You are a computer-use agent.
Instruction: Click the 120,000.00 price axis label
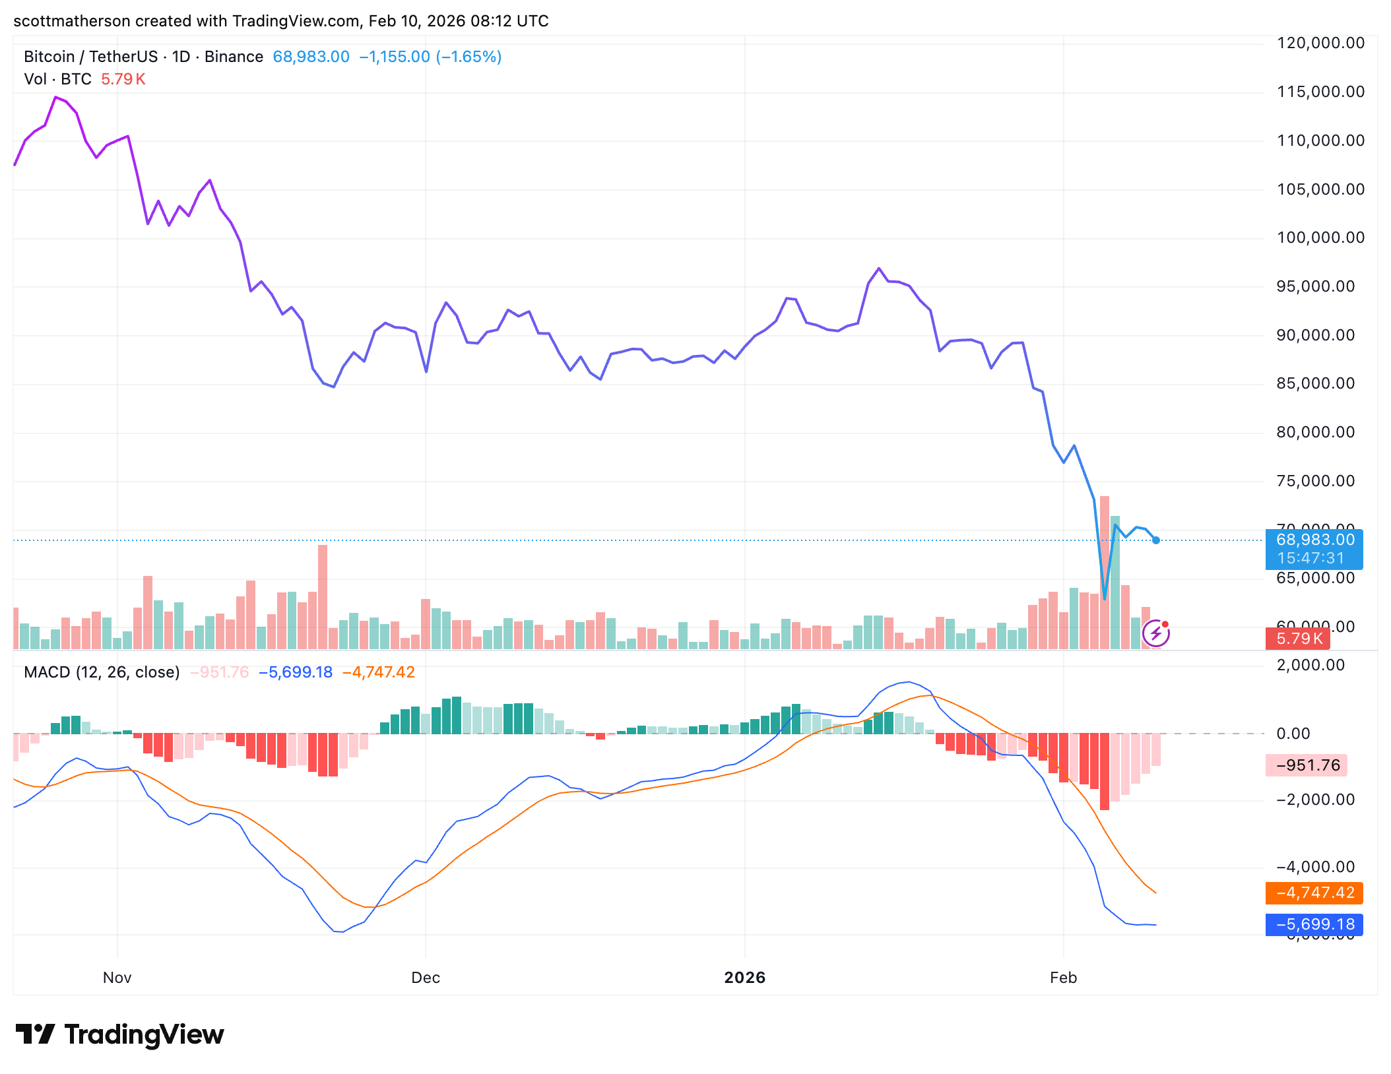(x=1320, y=44)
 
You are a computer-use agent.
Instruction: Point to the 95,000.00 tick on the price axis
(x=1315, y=286)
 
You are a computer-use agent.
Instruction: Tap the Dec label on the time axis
(x=425, y=978)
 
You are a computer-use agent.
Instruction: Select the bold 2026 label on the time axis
(x=744, y=978)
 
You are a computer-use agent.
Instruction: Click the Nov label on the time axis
(x=117, y=978)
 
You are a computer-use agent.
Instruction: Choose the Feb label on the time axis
(x=1063, y=978)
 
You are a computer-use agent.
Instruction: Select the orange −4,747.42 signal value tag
(x=1314, y=893)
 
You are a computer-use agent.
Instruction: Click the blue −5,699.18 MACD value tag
(x=1314, y=925)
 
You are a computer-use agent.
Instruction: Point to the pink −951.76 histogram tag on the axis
(x=1307, y=765)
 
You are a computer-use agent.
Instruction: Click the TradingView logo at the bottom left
(x=119, y=1034)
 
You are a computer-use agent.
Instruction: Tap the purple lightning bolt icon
(x=1155, y=634)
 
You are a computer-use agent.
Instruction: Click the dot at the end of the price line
(x=1156, y=540)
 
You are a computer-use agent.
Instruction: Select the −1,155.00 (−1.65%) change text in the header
(x=430, y=57)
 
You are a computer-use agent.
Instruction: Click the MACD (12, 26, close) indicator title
(x=102, y=672)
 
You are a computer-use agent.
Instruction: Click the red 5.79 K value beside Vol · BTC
(x=123, y=79)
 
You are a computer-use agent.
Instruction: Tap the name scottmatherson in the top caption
(x=72, y=21)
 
